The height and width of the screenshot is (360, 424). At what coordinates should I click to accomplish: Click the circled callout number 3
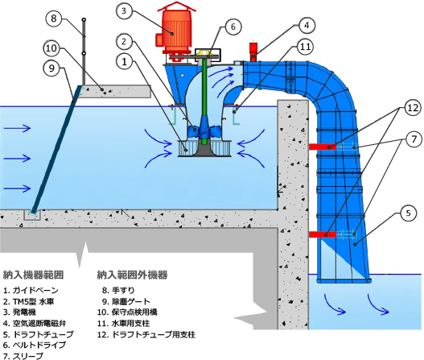(124, 11)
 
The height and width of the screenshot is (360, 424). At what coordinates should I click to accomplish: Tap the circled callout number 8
(54, 19)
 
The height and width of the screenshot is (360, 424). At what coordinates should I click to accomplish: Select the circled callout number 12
(413, 108)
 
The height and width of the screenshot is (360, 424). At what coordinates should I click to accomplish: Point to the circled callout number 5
(409, 213)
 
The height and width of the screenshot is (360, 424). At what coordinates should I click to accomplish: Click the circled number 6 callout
(233, 27)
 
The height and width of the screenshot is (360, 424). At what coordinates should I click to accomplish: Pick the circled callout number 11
(306, 47)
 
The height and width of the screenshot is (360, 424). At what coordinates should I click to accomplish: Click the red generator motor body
(176, 31)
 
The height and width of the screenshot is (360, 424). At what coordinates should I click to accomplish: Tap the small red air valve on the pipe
(253, 51)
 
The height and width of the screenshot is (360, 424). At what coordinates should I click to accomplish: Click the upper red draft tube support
(323, 147)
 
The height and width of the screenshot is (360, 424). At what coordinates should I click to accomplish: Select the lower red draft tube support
(323, 234)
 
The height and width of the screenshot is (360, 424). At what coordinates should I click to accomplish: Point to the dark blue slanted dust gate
(56, 149)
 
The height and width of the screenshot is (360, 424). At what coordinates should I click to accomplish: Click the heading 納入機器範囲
(33, 275)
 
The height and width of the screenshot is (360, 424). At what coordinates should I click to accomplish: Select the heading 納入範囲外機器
(132, 275)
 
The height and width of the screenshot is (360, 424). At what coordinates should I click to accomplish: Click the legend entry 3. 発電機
(19, 312)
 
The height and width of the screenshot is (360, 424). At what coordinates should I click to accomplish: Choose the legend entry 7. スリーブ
(23, 356)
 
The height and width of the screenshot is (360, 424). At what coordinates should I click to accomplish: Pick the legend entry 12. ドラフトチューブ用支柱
(146, 334)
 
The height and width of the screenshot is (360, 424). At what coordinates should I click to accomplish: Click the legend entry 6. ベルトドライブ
(35, 345)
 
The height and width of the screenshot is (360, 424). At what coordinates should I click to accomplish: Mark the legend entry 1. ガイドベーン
(31, 291)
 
